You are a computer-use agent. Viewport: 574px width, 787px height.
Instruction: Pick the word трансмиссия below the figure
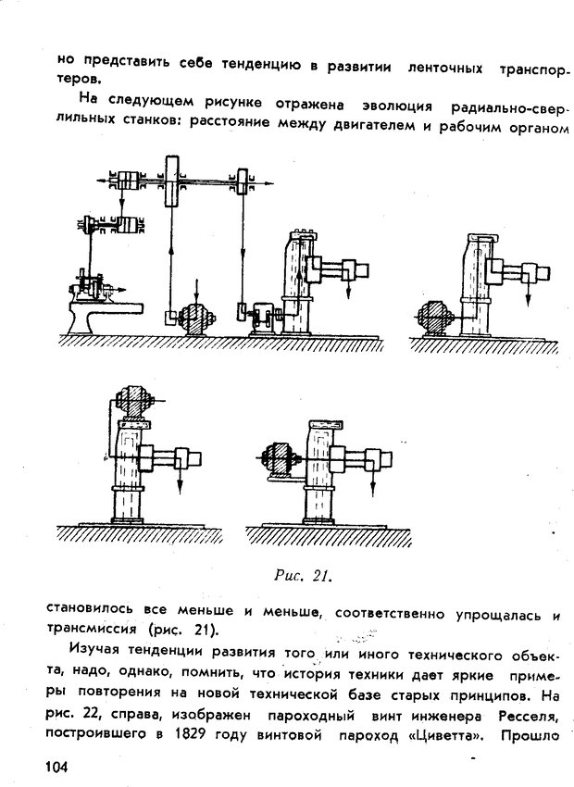point(91,631)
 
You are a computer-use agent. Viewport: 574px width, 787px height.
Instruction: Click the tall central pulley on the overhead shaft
point(173,181)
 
